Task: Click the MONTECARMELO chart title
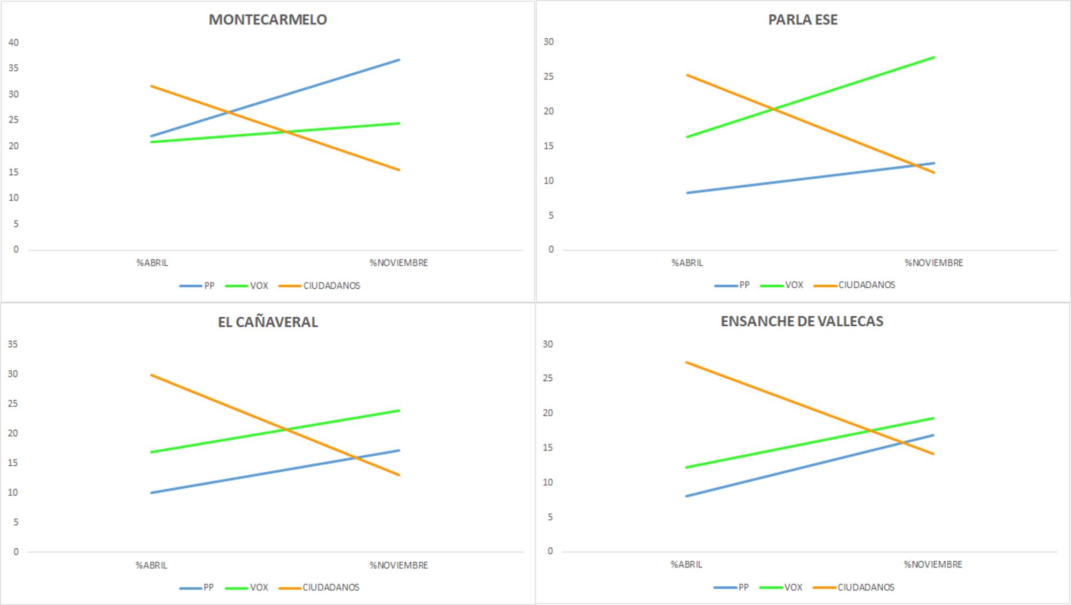(267, 20)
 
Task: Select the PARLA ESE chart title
(802, 20)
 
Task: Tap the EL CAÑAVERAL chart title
(267, 322)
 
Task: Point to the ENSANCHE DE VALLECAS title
(802, 321)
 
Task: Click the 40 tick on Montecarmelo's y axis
(13, 42)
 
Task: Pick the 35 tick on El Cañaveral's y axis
(13, 344)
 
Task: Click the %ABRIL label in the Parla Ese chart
(687, 263)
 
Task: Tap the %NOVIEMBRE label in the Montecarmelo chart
(398, 263)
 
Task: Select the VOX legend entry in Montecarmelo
(259, 286)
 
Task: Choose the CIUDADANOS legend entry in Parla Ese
(866, 285)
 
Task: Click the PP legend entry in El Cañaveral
(208, 587)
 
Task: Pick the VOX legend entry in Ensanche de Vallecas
(793, 587)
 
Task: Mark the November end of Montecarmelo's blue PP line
(399, 60)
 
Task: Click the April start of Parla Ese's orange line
(687, 75)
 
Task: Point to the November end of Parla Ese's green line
(934, 57)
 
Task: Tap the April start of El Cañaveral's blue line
(152, 493)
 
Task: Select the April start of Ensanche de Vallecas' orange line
(687, 362)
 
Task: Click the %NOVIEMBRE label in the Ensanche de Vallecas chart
(933, 564)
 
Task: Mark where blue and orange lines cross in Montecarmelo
(229, 113)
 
